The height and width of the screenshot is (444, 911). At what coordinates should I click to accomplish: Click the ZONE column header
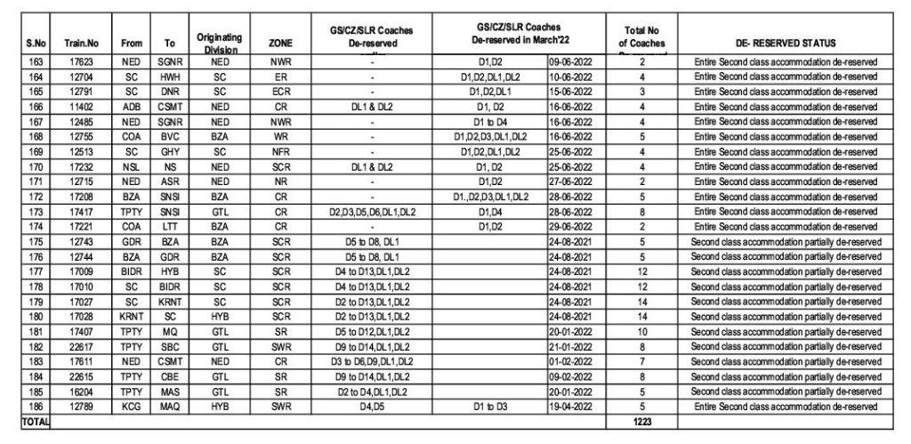click(279, 43)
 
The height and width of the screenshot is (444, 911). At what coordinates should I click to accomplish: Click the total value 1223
click(641, 420)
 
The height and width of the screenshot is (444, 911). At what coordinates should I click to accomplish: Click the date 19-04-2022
click(576, 406)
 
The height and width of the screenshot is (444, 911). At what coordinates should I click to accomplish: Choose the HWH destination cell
click(169, 77)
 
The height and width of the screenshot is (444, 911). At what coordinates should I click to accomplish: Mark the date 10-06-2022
click(576, 77)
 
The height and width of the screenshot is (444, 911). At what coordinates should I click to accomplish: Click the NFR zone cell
click(279, 152)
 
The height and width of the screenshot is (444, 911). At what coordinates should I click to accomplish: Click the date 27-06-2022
click(576, 182)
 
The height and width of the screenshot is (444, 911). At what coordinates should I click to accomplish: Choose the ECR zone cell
click(279, 92)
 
